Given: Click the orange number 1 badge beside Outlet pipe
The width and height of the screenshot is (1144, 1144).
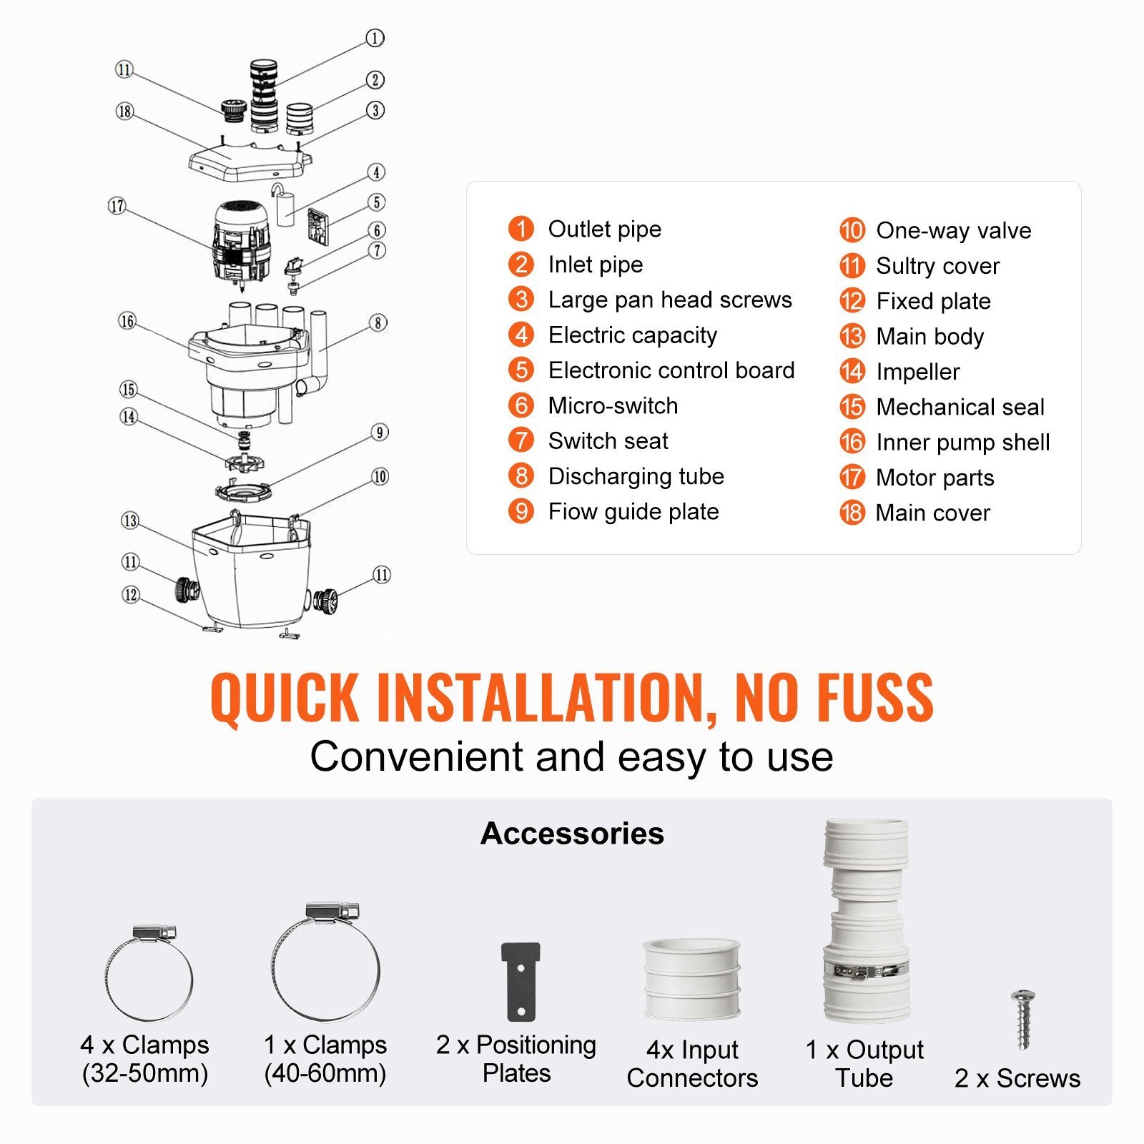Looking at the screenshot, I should pos(521,229).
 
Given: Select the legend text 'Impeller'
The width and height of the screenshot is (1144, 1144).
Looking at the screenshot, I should pos(918,372).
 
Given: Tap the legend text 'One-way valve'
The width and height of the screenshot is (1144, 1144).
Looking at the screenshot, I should pos(954,230).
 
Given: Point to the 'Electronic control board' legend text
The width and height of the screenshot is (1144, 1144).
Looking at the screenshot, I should pos(671,370).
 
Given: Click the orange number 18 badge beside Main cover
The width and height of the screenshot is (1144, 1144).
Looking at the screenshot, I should pos(852,513).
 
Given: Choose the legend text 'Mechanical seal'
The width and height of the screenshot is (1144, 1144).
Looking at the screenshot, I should pos(960,407).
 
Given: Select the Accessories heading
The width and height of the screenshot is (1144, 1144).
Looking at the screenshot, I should pos(572,834).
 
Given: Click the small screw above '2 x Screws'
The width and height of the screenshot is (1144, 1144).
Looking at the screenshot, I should pos(1023,1019).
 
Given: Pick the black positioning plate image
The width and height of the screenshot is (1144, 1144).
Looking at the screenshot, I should pos(521,981).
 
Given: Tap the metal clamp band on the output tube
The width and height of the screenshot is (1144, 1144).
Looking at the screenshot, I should pos(866,970).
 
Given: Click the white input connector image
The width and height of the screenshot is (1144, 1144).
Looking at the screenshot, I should pos(691,979).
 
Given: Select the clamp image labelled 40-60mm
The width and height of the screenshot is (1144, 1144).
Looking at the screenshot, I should pos(326,962).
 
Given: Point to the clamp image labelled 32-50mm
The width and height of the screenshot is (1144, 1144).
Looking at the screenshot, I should pos(149,974).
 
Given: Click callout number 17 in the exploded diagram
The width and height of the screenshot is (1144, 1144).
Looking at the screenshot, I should pos(117,207).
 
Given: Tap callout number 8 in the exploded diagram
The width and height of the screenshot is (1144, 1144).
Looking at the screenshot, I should pos(378,323).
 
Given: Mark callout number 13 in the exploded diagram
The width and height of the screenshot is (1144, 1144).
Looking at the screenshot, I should pos(130,521).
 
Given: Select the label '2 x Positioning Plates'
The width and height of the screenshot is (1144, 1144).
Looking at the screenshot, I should pos(516,1059).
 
